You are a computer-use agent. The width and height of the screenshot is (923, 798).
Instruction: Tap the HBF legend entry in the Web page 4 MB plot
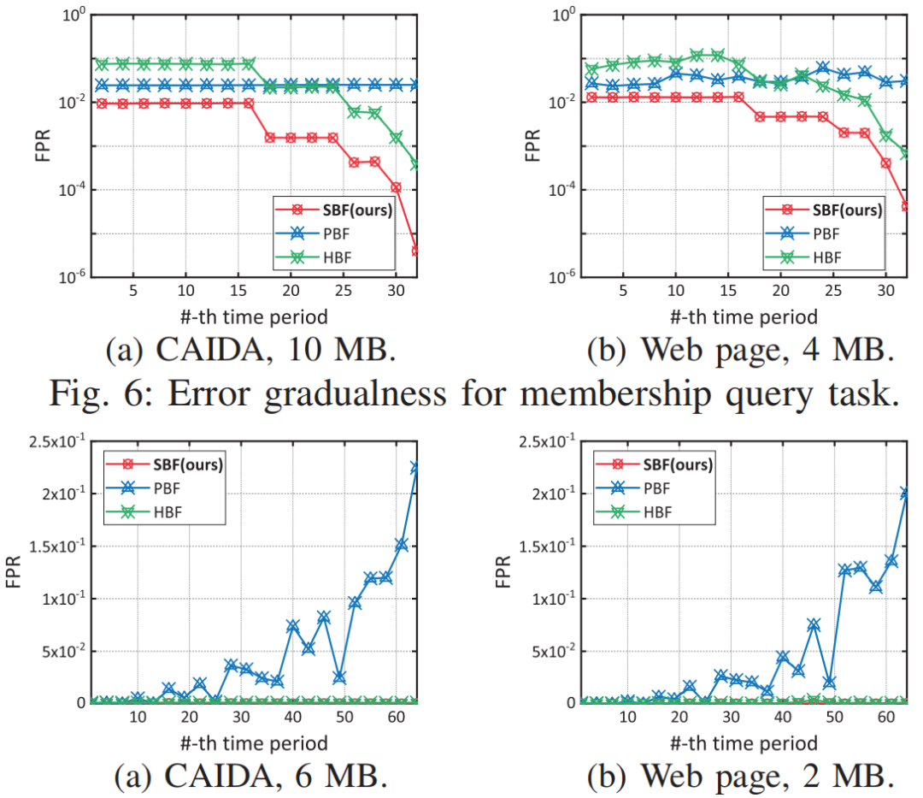click(x=826, y=257)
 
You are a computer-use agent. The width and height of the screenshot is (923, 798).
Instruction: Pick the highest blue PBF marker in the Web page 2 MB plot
click(x=905, y=494)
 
